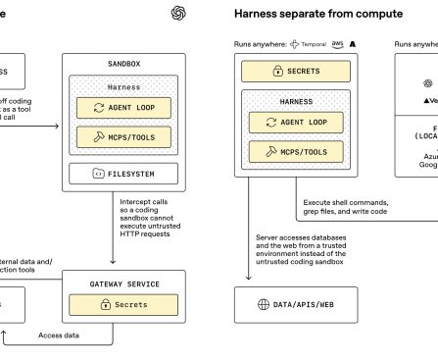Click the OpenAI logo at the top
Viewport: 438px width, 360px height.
(178, 13)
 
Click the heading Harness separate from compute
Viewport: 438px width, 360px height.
(304, 14)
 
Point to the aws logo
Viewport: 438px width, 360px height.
(338, 44)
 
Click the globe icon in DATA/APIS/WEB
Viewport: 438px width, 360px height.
(263, 304)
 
